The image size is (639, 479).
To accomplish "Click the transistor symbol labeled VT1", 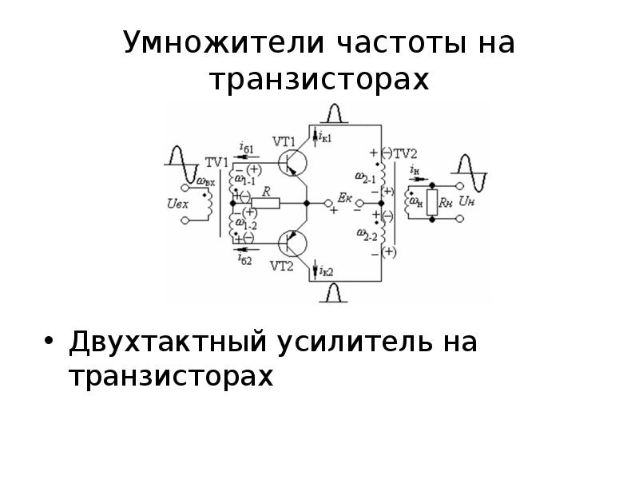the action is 294,164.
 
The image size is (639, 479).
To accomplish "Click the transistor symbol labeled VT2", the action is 294,241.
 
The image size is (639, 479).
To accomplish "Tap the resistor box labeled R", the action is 264,204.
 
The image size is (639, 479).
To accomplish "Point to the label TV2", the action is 407,153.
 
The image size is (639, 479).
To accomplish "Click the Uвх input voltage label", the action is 178,204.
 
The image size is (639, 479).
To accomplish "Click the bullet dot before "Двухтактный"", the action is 50,342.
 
